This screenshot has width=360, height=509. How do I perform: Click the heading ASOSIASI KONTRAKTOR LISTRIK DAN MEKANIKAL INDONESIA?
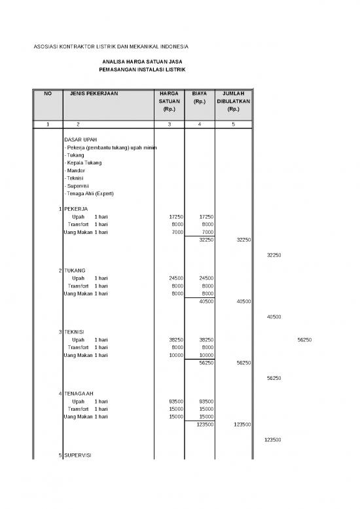[x=111, y=47]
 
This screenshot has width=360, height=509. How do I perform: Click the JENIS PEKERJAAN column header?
[x=94, y=94]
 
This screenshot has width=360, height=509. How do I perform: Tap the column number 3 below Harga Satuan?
[x=169, y=124]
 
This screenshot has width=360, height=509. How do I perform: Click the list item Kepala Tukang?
[x=83, y=162]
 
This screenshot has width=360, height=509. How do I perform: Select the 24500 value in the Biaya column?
[x=206, y=278]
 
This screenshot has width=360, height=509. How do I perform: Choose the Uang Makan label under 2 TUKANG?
[x=77, y=293]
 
